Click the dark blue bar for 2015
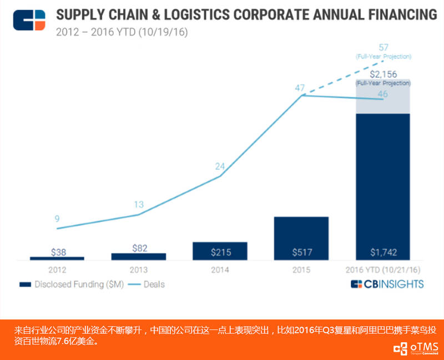(301, 233)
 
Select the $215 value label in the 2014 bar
(220, 252)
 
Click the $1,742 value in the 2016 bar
(383, 252)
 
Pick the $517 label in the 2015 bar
(301, 252)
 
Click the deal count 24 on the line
(220, 166)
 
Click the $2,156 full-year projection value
(383, 74)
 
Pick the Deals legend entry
(147, 284)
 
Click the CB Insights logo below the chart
(387, 284)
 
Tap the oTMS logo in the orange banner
(416, 347)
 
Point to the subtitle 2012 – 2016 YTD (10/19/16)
(122, 32)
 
